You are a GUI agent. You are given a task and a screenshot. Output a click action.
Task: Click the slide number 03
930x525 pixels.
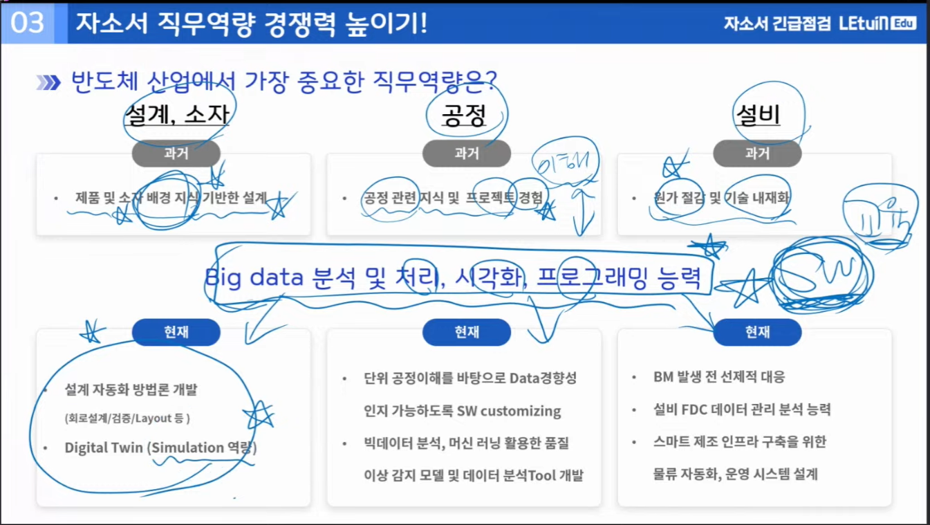pyautogui.click(x=28, y=23)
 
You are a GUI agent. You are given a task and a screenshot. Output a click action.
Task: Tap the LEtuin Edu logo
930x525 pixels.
pyautogui.click(x=877, y=23)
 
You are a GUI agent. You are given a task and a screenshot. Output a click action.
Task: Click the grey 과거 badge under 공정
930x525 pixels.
pyautogui.click(x=467, y=154)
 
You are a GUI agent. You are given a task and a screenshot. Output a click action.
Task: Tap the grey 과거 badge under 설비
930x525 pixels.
pyautogui.click(x=757, y=154)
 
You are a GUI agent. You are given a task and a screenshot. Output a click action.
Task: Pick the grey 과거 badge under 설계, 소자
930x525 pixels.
pyautogui.click(x=176, y=154)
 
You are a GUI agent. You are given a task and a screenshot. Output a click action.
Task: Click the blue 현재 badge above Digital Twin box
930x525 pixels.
pyautogui.click(x=176, y=332)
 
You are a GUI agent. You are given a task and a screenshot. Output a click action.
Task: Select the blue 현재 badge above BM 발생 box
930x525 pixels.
pyautogui.click(x=757, y=332)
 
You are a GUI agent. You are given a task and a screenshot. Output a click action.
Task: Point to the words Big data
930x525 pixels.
pyautogui.click(x=254, y=277)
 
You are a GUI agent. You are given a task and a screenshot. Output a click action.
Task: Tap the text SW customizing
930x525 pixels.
pyautogui.click(x=509, y=411)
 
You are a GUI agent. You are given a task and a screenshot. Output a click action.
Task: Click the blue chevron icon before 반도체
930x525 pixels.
pyautogui.click(x=48, y=83)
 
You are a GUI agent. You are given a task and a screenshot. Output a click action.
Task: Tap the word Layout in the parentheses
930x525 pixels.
pyautogui.click(x=163, y=418)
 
